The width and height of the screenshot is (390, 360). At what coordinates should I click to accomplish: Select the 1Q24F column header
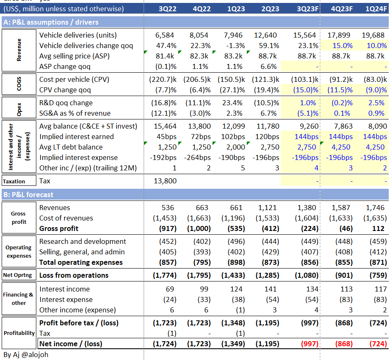pos(376,9)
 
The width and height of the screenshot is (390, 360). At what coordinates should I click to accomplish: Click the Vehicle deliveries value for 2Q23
pos(266,35)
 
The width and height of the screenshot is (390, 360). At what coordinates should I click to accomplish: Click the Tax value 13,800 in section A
pos(166,181)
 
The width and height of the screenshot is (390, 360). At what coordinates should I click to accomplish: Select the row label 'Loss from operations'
pos(73,275)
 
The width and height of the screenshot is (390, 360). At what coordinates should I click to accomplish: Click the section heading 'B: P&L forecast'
pos(28,195)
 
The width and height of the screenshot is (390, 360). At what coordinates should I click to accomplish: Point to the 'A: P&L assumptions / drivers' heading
pos(51,22)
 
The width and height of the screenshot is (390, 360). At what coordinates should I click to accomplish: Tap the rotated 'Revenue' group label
pos(19,51)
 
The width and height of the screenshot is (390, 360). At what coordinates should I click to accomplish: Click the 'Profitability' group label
pos(19,333)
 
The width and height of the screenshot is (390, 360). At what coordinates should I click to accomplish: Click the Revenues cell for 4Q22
pos(200,208)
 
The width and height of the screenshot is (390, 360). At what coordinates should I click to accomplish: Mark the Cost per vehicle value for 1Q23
pos(231,79)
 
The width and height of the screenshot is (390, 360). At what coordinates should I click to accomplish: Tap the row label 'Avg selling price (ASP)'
pos(74,56)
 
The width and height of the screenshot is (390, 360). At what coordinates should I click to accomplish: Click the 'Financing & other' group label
pos(19,299)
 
